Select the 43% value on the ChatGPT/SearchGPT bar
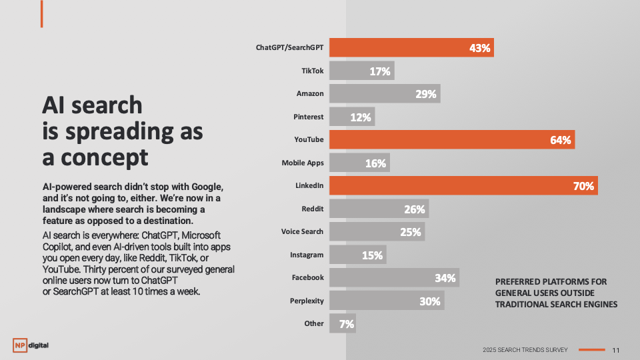(x=479, y=48)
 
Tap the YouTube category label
(x=309, y=139)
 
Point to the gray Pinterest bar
(x=352, y=117)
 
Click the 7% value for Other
(x=347, y=324)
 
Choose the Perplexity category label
(x=307, y=301)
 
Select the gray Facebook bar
(x=394, y=278)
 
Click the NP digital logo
(x=31, y=345)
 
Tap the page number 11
(x=615, y=350)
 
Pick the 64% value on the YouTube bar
(x=561, y=140)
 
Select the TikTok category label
(x=313, y=70)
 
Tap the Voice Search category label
(x=302, y=231)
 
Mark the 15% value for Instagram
(x=372, y=255)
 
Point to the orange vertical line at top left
(x=41, y=14)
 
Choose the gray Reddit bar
(x=379, y=209)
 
